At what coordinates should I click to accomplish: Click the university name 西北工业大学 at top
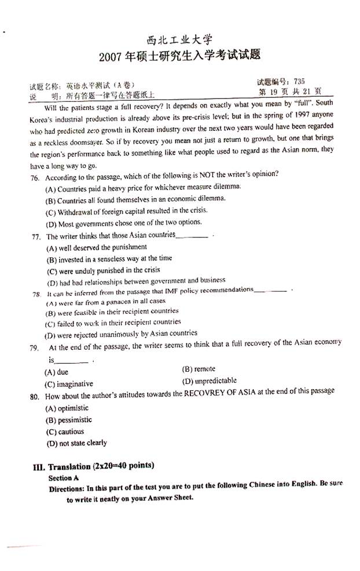point(180,40)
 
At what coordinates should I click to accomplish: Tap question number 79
point(35,348)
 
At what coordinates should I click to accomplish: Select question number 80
point(35,397)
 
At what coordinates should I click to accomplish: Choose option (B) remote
point(199,369)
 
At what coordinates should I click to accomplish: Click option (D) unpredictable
point(210,381)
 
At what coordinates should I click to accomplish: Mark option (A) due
point(57,372)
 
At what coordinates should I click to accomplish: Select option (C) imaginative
point(69,384)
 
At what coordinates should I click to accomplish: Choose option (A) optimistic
point(67,408)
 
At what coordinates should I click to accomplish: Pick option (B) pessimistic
point(68,420)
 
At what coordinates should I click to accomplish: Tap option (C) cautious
point(64,431)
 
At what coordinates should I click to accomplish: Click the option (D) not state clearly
point(76,443)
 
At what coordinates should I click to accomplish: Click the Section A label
point(64,478)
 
